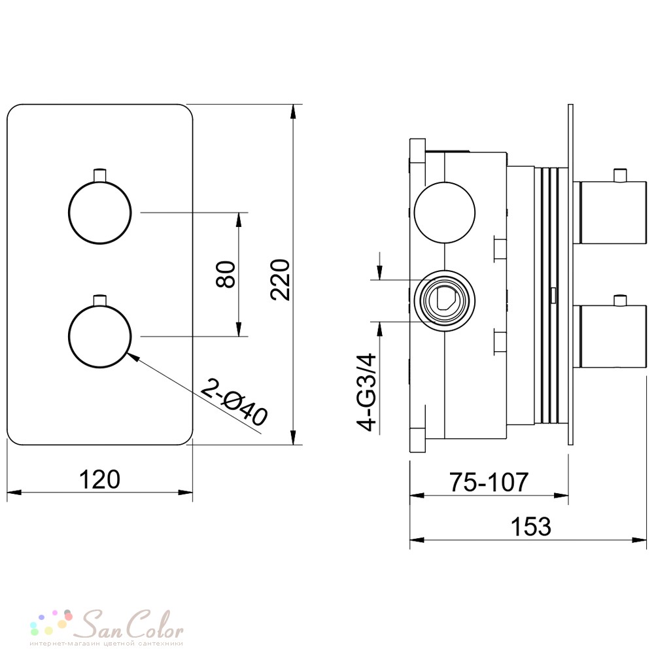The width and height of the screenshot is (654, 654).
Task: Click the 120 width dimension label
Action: click(x=99, y=479)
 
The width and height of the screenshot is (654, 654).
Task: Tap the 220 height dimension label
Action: click(x=280, y=280)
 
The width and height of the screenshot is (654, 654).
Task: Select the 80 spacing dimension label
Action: click(x=226, y=275)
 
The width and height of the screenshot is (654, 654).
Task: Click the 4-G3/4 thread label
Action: click(x=366, y=392)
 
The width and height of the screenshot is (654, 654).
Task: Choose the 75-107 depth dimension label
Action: click(x=489, y=482)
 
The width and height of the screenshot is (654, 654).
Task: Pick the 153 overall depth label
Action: click(x=531, y=526)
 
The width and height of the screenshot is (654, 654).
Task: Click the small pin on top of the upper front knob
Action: click(x=100, y=175)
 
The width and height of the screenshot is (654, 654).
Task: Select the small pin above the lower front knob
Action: click(x=100, y=300)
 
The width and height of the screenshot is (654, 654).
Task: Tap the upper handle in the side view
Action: click(x=611, y=213)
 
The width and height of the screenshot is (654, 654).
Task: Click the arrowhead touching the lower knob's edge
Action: click(x=133, y=358)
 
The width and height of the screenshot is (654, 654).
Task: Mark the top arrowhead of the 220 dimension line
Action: click(x=294, y=112)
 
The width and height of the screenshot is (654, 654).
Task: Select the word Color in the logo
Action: click(x=155, y=625)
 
